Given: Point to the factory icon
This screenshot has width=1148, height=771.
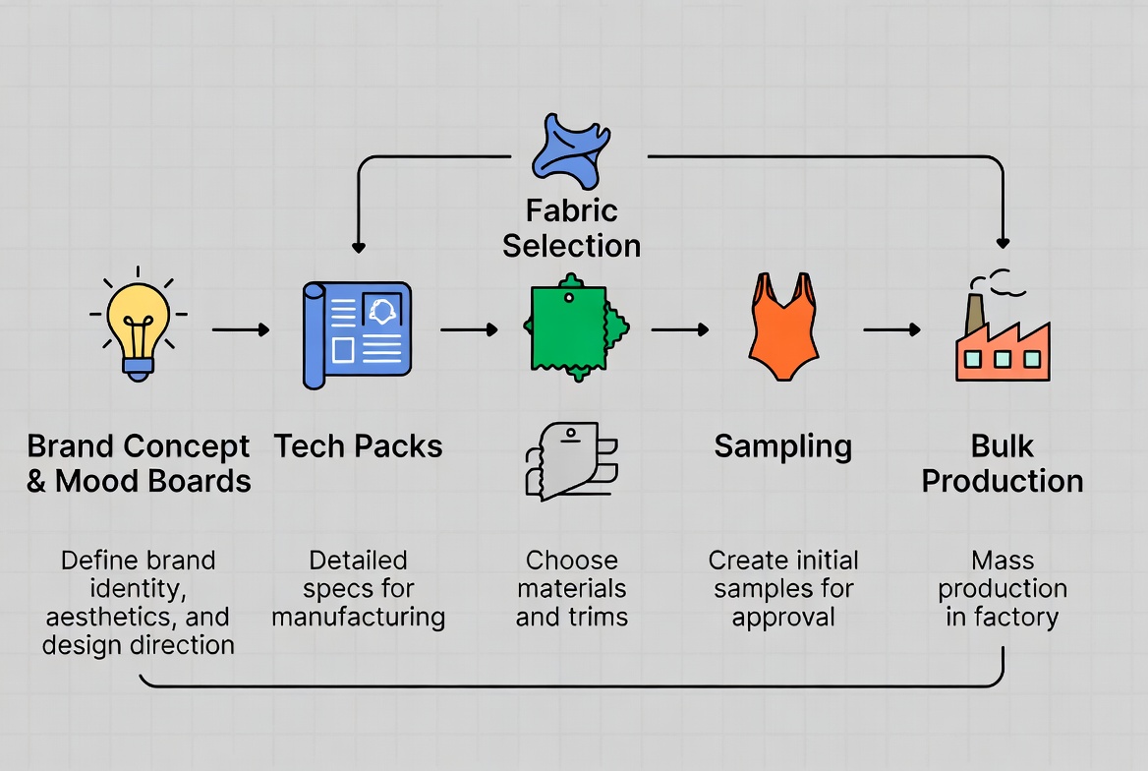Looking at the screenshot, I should pyautogui.click(x=1002, y=340).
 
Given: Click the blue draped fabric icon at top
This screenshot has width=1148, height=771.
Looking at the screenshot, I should pyautogui.click(x=570, y=150).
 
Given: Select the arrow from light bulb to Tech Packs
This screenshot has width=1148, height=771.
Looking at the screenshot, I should pyautogui.click(x=240, y=330).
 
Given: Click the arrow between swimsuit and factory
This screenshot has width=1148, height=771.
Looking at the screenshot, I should pyautogui.click(x=890, y=330).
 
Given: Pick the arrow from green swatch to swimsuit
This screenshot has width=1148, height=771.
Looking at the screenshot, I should pyautogui.click(x=679, y=330).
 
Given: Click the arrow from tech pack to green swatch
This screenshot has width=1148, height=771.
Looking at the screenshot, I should pyautogui.click(x=469, y=330).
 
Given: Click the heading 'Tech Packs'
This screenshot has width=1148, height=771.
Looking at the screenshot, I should pyautogui.click(x=358, y=446).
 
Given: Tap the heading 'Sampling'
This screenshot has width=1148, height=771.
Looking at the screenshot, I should pyautogui.click(x=782, y=446).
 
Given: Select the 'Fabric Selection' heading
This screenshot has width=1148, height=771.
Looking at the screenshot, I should pyautogui.click(x=571, y=228).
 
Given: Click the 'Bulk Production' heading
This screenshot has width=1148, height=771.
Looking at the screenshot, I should pyautogui.click(x=1003, y=463).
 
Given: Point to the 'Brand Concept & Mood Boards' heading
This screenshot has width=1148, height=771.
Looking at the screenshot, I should pyautogui.click(x=139, y=463).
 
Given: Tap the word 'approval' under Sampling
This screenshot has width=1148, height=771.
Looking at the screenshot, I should pyautogui.click(x=783, y=618).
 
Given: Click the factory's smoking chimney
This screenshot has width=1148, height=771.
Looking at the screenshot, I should pyautogui.click(x=975, y=313).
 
